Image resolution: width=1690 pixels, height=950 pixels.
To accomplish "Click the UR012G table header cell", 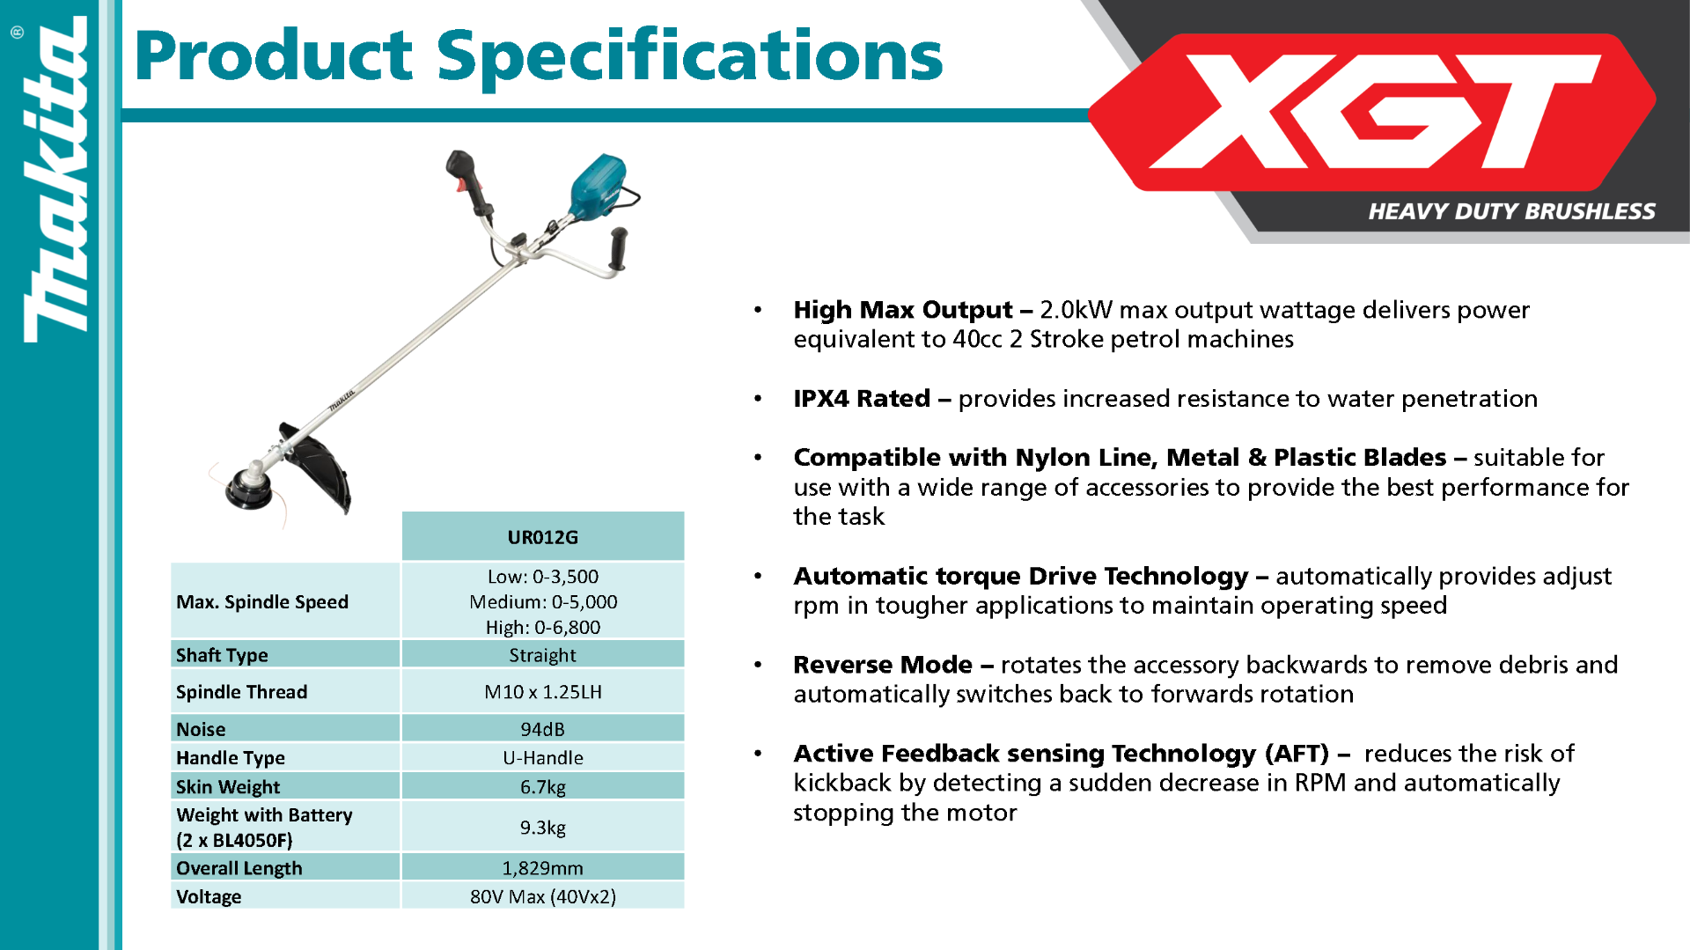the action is (x=542, y=536).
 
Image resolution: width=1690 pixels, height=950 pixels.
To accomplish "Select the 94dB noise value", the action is (x=542, y=729).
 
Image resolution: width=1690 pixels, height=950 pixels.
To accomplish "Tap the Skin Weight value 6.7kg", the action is (x=542, y=786).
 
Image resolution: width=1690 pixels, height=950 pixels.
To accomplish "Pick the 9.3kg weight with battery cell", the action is (x=542, y=827).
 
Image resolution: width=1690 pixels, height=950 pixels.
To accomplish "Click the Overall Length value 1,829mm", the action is (x=542, y=867).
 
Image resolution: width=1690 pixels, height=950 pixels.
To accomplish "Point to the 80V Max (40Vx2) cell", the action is (x=542, y=896).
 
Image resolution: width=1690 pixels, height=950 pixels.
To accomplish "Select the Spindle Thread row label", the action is (x=241, y=692).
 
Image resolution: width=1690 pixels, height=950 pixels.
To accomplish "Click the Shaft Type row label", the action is (x=222, y=655).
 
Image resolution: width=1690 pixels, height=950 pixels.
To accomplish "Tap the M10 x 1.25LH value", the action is (x=542, y=692).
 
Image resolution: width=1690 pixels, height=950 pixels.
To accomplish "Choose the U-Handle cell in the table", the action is (x=542, y=757).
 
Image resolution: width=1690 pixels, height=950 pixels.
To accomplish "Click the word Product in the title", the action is (x=274, y=55).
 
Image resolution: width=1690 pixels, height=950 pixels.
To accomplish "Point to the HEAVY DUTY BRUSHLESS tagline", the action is (x=1511, y=211).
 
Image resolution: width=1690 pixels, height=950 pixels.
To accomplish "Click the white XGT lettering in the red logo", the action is (x=1374, y=112).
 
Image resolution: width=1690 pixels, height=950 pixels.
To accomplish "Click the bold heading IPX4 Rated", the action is (x=861, y=398).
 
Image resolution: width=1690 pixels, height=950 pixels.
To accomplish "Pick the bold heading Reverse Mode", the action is (x=883, y=664).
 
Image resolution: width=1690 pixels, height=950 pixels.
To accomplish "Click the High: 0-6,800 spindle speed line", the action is (x=542, y=627).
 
